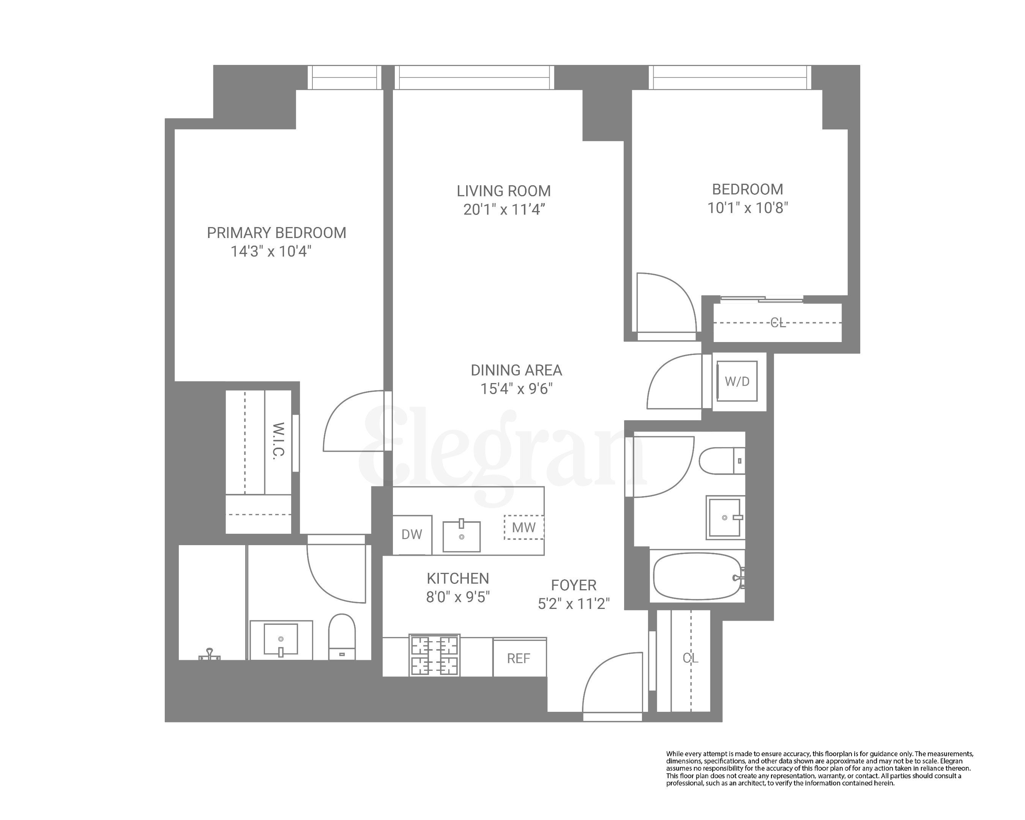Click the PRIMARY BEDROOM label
tap(276, 233)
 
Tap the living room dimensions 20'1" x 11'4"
tap(503, 209)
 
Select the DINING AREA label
tap(516, 370)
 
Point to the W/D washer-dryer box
tap(736, 381)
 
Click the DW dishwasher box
tap(412, 535)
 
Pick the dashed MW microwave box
tap(524, 527)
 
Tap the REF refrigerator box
tap(518, 658)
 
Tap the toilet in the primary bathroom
tap(342, 637)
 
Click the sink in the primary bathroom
tap(281, 640)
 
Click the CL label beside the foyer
tap(690, 658)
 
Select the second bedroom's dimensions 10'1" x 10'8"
tap(747, 208)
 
